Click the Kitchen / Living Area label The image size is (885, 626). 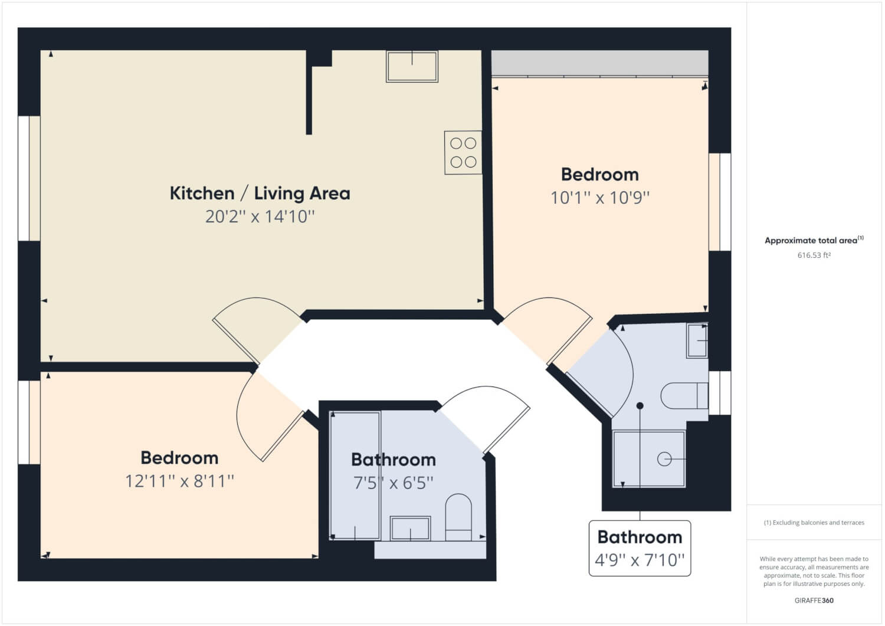[x=260, y=194]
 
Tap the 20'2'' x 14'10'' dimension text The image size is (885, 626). [x=260, y=217]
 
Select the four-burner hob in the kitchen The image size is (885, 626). [x=463, y=153]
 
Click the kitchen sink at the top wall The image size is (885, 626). [x=412, y=67]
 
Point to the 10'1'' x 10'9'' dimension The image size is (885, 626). [x=600, y=198]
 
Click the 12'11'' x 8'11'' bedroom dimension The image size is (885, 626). [x=180, y=481]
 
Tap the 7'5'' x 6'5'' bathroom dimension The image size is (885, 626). [x=394, y=483]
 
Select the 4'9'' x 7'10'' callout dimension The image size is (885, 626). [x=640, y=560]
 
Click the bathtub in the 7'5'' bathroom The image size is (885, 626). [x=355, y=476]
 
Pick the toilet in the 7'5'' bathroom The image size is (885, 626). [x=458, y=517]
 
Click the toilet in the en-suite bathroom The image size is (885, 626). [x=684, y=395]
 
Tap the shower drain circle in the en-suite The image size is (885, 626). [x=664, y=459]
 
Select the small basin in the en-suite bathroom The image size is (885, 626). [x=697, y=340]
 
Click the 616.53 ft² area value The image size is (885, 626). [x=814, y=255]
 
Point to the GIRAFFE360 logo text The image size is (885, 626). [x=814, y=601]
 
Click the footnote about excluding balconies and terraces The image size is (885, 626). [x=814, y=523]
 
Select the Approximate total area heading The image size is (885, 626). [x=814, y=240]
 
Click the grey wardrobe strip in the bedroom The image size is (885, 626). [x=600, y=63]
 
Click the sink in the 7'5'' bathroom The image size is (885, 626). [x=410, y=528]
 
